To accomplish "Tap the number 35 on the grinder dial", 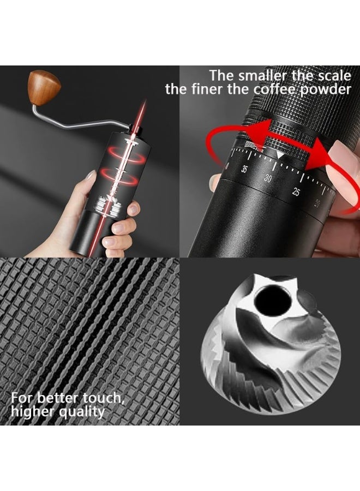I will tap(244, 169).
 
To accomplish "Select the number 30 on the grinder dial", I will tap(268, 178).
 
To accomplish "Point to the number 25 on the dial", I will tap(296, 191).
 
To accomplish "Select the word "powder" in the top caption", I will tap(325, 89).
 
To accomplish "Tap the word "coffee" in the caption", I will tap(269, 89).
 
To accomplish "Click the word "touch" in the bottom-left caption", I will tap(104, 398).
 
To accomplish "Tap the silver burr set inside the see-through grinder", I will tap(109, 208).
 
